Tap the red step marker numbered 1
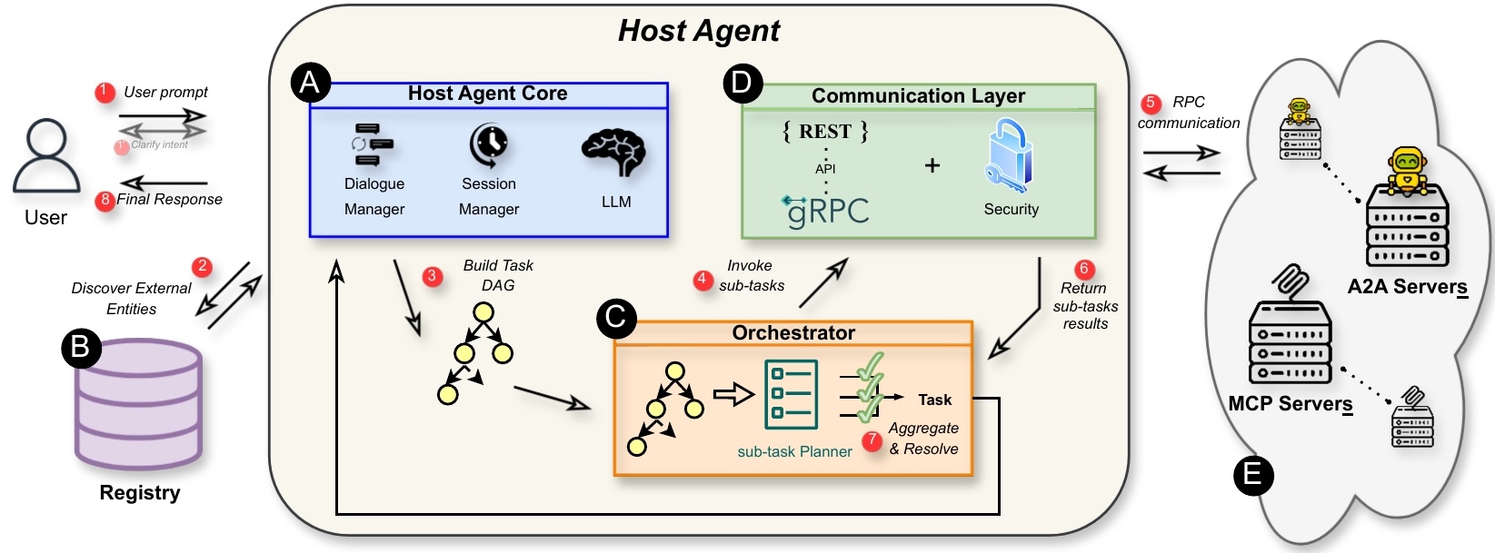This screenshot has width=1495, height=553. pos(105,92)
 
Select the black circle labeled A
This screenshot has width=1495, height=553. pos(310,83)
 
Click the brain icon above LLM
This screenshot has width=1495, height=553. pos(614,152)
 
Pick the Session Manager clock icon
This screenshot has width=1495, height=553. pos(489,145)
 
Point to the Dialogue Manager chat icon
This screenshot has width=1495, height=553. pos(373,145)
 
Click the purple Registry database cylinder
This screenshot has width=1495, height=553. pos(139,404)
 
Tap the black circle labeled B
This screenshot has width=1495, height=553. pos(80,347)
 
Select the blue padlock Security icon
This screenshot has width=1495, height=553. pos(1010,156)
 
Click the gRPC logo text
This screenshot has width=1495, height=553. pos(826,211)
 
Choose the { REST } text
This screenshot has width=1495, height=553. pos(825,132)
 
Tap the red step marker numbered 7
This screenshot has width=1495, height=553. pos(872,440)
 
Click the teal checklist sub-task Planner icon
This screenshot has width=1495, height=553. pos(791,395)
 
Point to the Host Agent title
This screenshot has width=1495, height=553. pos(698,31)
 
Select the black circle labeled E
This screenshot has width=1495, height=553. pos(1252,475)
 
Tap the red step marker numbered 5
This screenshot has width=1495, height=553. pos(1151,103)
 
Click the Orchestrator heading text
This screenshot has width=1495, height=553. pos(792,333)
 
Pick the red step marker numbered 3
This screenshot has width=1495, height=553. pos(433,276)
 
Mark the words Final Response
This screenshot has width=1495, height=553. pos(169,200)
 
